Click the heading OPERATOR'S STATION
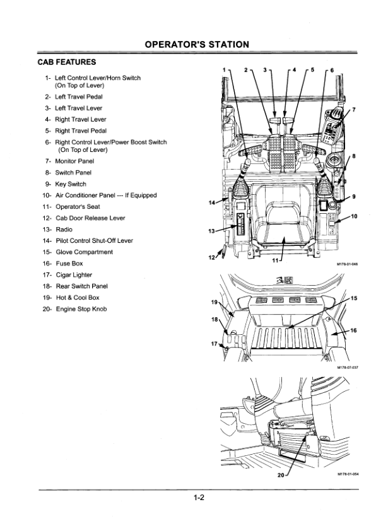tap(197, 45)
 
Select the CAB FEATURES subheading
tap(67, 62)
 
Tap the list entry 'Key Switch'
tap(71, 184)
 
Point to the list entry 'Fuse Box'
tap(69, 263)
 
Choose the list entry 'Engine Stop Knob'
tap(81, 309)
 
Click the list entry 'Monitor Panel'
tap(74, 161)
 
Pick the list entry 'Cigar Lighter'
tap(74, 274)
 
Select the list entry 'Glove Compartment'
tap(85, 252)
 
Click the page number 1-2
tap(199, 498)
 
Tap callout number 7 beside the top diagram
tap(354, 109)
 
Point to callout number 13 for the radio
tap(212, 231)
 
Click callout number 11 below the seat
tap(275, 260)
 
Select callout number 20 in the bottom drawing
tap(281, 475)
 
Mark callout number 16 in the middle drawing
tap(353, 330)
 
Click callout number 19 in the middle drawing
tap(214, 302)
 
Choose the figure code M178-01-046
tap(347, 264)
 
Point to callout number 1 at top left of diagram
tap(224, 70)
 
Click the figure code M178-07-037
tap(348, 368)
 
